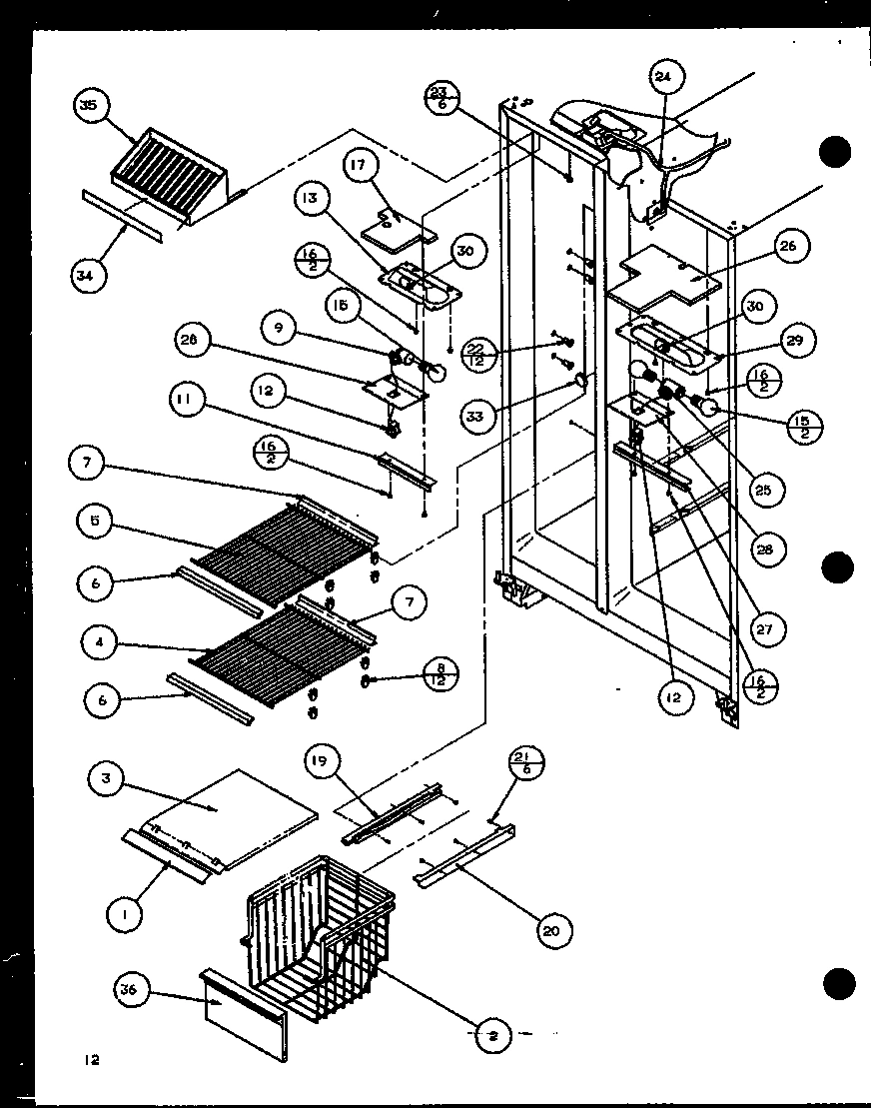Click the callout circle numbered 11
[187, 404]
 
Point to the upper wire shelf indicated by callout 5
[290, 545]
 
